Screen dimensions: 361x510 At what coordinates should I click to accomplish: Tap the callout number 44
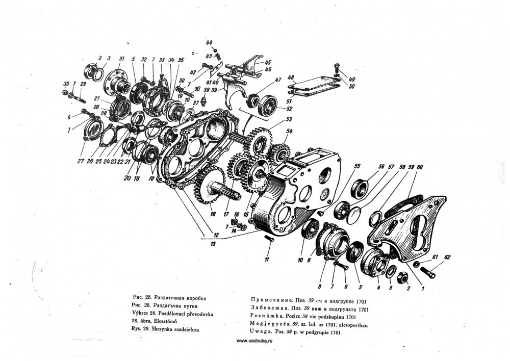click(209, 42)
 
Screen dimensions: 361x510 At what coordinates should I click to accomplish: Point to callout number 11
click(266, 260)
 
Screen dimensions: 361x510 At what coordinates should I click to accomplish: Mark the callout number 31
click(122, 57)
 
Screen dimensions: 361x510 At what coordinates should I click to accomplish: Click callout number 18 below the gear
click(213, 215)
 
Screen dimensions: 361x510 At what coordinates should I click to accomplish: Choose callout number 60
click(419, 167)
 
